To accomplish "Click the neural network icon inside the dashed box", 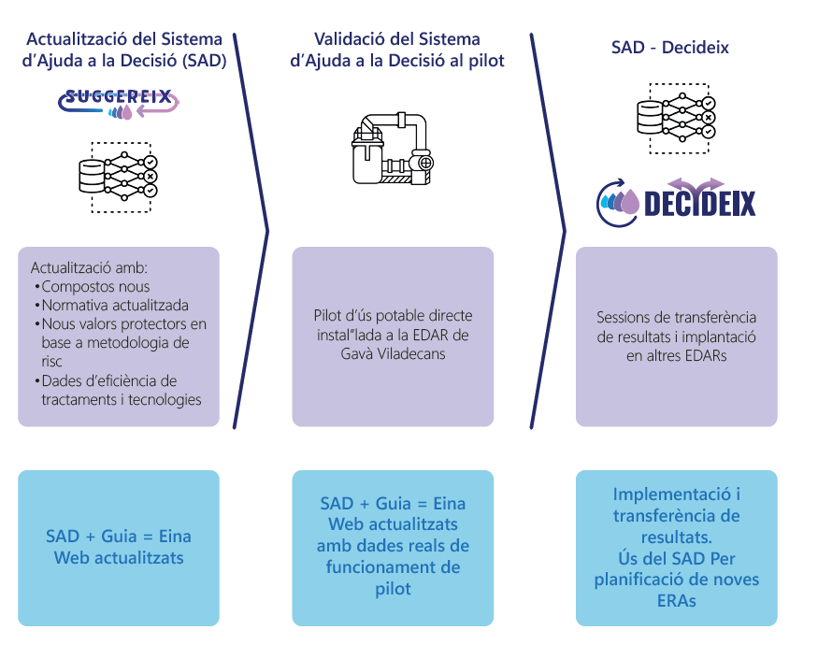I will point(119,176).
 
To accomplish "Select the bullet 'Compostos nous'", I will point(94,286).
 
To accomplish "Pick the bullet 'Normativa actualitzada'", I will point(114,305).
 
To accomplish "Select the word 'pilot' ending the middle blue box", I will point(393,588).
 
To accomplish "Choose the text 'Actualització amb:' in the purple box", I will point(82,266).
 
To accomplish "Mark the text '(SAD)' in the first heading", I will point(204,61).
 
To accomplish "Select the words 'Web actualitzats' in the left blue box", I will point(119,558).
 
